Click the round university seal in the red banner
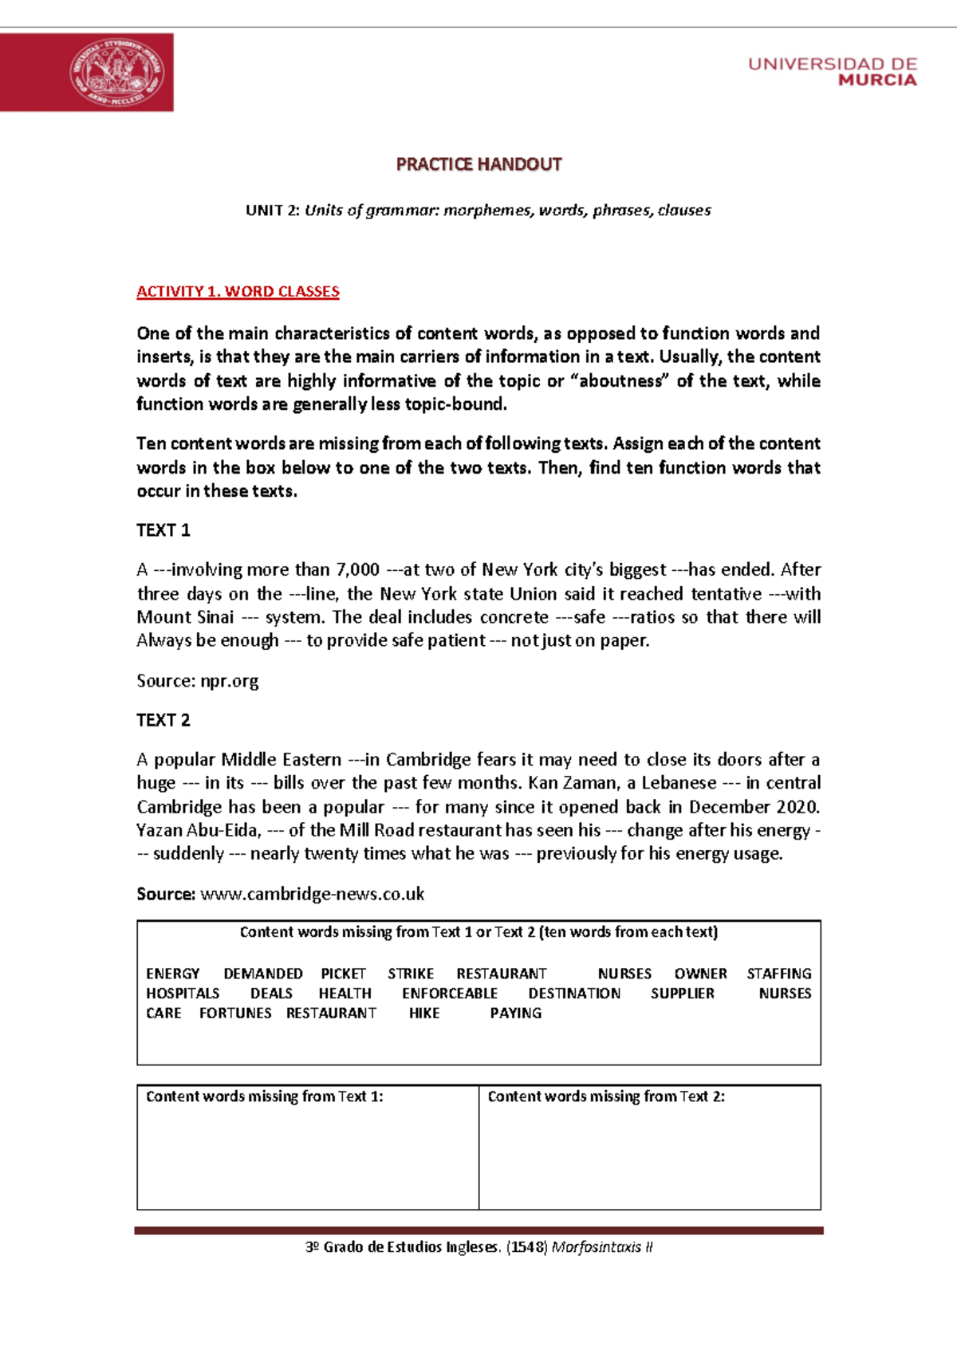[x=117, y=73]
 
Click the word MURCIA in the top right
[x=877, y=81]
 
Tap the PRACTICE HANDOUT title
[x=478, y=164]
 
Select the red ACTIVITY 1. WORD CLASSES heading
[x=238, y=292]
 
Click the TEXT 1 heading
[x=163, y=530]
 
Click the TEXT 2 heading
[x=163, y=720]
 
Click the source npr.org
[x=229, y=681]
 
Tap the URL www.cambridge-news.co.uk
[x=312, y=894]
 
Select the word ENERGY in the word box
[x=173, y=974]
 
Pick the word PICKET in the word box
[x=343, y=974]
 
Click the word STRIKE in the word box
[x=411, y=974]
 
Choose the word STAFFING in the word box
[x=778, y=974]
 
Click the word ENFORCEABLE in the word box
[x=450, y=994]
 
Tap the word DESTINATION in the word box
[x=574, y=994]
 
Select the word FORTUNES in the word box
[x=235, y=1014]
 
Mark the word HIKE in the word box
[x=424, y=1014]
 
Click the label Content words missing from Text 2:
[x=606, y=1096]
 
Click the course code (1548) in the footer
[x=526, y=1247]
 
